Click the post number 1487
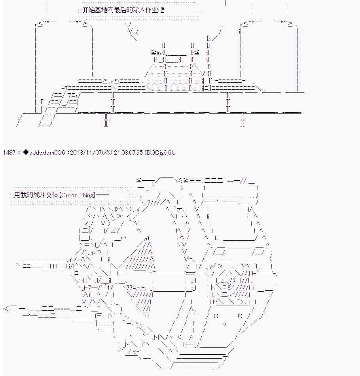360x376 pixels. (9, 153)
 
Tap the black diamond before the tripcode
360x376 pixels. (26, 153)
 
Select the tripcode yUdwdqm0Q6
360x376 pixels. (47, 153)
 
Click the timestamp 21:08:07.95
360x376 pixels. (128, 153)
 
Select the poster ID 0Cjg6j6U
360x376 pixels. (163, 153)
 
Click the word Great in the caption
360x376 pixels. (69, 195)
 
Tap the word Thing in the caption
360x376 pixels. (86, 195)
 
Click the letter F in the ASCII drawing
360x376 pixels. (195, 316)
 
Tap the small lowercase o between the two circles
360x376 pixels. (224, 324)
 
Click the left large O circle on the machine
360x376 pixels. (216, 316)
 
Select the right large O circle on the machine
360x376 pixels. (240, 316)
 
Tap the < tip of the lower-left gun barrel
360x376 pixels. (6, 308)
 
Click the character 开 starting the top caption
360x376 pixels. (85, 10)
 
